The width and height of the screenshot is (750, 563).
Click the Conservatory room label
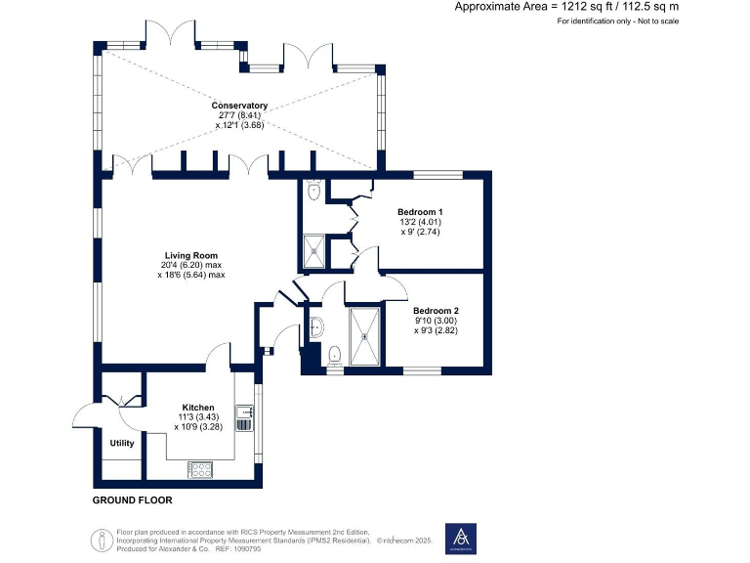click(x=239, y=106)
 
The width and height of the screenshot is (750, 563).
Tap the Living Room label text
click(x=190, y=255)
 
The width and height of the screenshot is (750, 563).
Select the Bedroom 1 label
click(x=421, y=212)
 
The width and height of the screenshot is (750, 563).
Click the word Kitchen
click(x=198, y=407)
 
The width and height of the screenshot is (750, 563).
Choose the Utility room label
click(x=122, y=443)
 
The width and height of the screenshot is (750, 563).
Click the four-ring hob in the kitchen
click(x=200, y=470)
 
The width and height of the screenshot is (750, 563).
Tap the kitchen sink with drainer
click(x=243, y=418)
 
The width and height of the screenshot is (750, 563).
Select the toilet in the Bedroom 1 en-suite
click(x=312, y=192)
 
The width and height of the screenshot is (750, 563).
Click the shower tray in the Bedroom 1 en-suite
click(x=315, y=250)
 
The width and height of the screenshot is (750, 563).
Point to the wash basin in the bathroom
click(x=316, y=326)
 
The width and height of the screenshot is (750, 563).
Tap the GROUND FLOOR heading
click(x=132, y=500)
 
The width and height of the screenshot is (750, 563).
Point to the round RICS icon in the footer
click(x=99, y=539)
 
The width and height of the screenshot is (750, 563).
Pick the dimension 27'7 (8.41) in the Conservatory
click(x=239, y=115)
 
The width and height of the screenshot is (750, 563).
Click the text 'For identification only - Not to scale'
click(x=617, y=21)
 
